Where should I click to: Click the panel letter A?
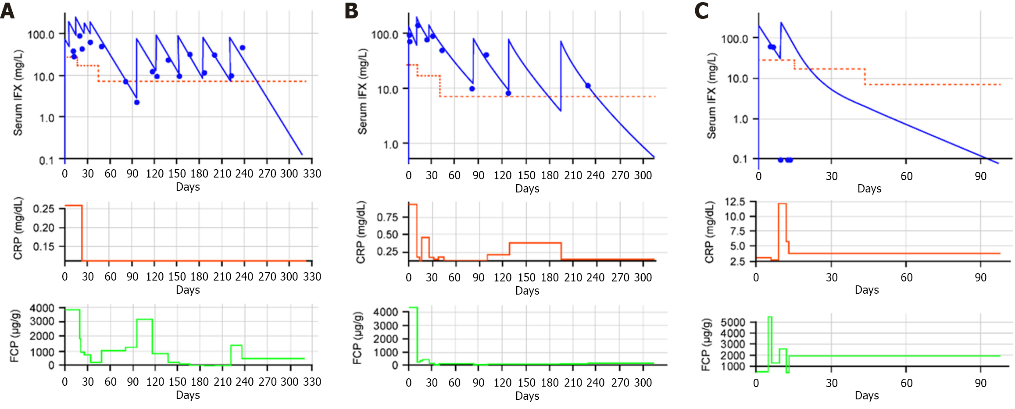click(7, 11)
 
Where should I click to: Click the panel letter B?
click(351, 11)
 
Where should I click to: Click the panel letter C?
click(701, 11)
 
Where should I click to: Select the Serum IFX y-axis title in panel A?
click(18, 92)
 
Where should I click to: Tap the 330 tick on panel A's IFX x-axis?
click(312, 174)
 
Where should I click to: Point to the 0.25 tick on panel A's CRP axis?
click(43, 209)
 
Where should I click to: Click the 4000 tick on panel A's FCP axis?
click(42, 308)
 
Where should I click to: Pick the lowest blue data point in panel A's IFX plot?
click(137, 103)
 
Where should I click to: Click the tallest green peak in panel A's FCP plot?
click(144, 320)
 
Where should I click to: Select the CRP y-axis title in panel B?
click(361, 232)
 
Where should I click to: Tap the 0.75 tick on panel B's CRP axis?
click(387, 217)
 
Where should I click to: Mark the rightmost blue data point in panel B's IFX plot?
click(588, 86)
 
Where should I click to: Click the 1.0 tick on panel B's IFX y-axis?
click(390, 145)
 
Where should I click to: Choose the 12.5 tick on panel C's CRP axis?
click(735, 202)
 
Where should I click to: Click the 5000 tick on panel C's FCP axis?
click(733, 323)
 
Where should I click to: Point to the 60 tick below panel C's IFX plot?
click(906, 176)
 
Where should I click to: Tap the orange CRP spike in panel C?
click(782, 204)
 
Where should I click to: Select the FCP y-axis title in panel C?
click(705, 345)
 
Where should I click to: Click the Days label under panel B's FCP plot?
click(527, 396)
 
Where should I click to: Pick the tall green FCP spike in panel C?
click(770, 317)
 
